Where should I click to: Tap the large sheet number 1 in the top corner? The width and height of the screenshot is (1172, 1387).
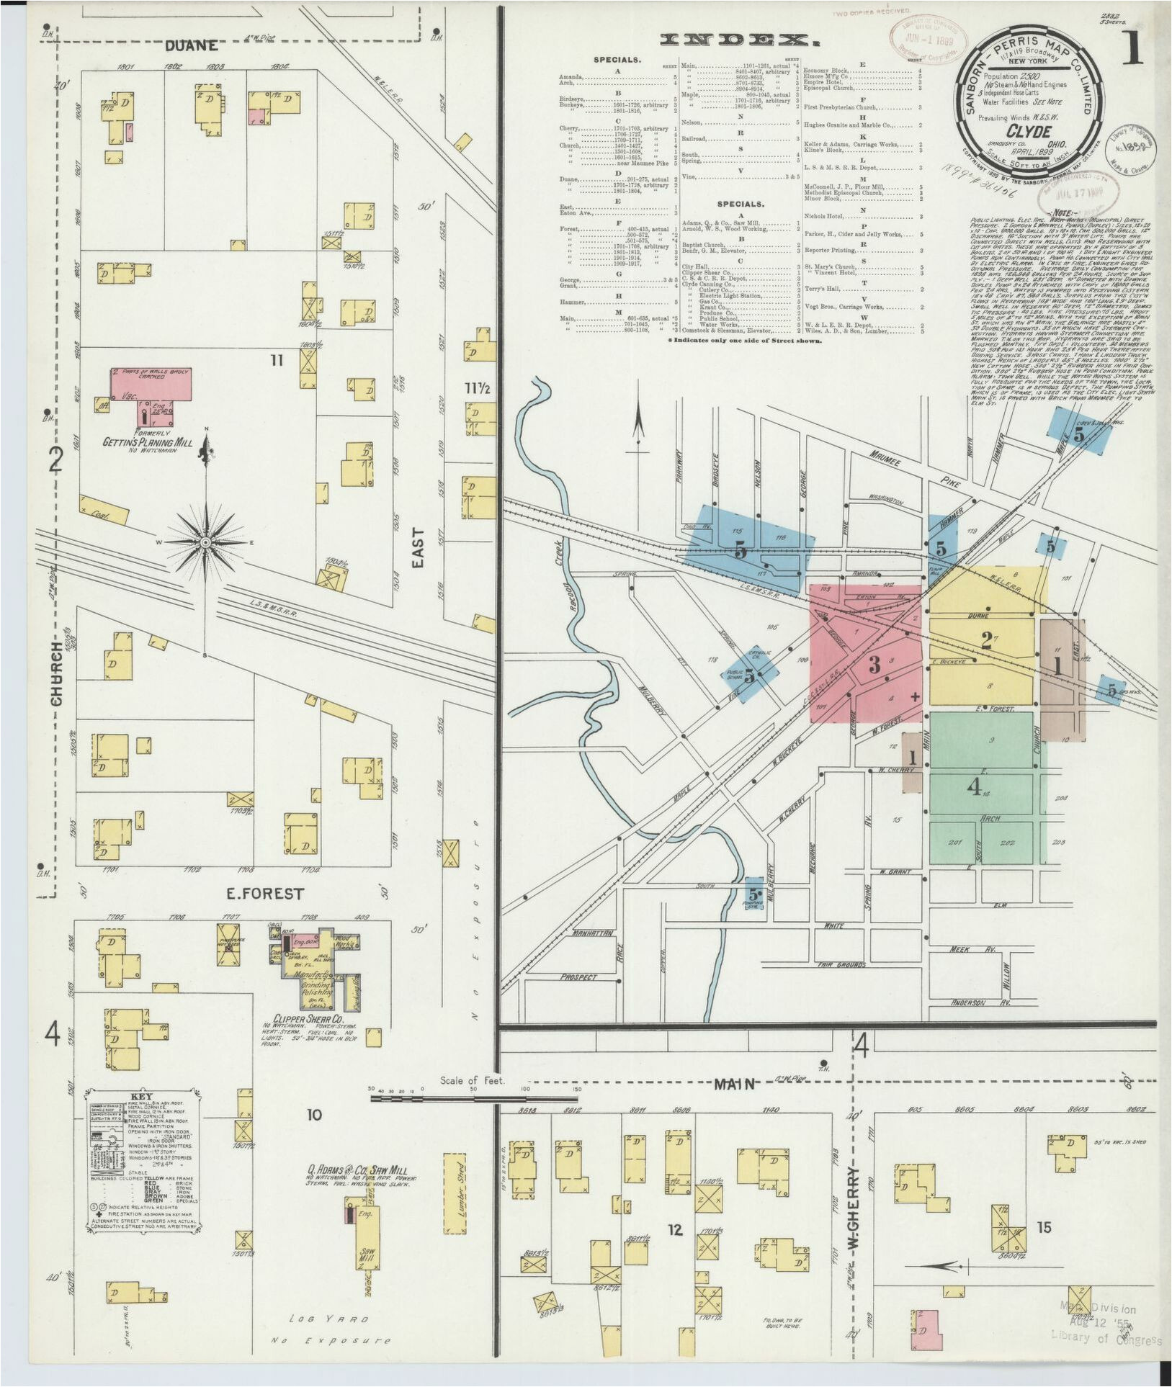pyautogui.click(x=1132, y=48)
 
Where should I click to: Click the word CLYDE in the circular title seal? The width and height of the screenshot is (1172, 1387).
pyautogui.click(x=1028, y=132)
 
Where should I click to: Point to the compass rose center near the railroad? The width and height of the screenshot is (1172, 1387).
pyautogui.click(x=206, y=542)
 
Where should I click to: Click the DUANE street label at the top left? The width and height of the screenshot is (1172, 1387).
pyautogui.click(x=191, y=46)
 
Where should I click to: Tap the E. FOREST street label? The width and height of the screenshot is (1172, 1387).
pyautogui.click(x=264, y=894)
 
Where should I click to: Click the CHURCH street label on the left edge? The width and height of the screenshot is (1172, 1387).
pyautogui.click(x=56, y=674)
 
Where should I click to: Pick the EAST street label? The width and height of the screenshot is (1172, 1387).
pyautogui.click(x=419, y=548)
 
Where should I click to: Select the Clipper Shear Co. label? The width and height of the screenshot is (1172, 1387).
pyautogui.click(x=308, y=1019)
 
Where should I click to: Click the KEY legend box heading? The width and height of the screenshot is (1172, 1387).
pyautogui.click(x=143, y=1097)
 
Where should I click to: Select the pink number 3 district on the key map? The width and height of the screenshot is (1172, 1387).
pyautogui.click(x=874, y=664)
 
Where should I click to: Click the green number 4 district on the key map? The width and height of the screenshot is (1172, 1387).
pyautogui.click(x=974, y=787)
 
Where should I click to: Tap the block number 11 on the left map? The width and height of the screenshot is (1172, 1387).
pyautogui.click(x=277, y=360)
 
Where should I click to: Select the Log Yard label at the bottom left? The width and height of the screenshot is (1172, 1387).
pyautogui.click(x=329, y=1319)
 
